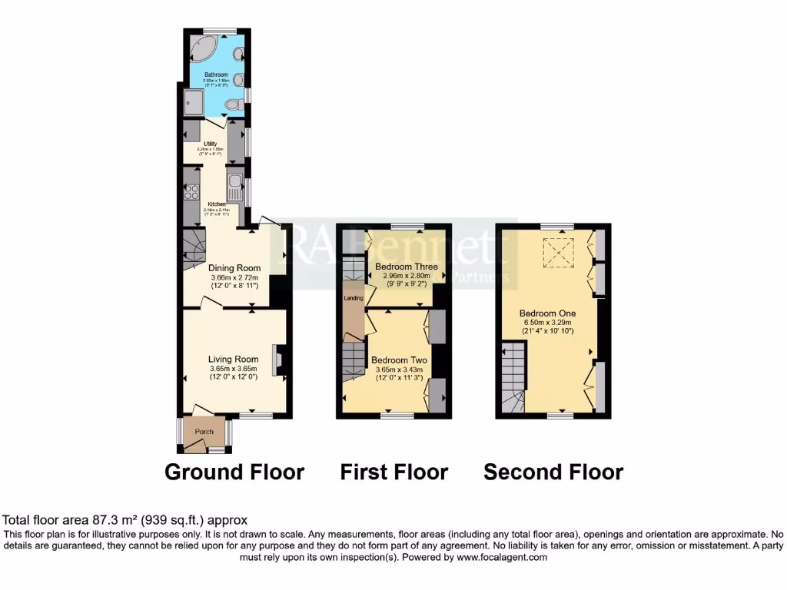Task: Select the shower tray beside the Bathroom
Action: click(x=194, y=101)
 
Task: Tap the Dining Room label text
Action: click(x=234, y=268)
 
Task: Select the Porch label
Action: click(x=204, y=432)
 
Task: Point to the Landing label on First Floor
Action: click(x=353, y=297)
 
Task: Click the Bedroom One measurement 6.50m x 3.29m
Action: click(x=547, y=322)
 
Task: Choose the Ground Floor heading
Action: click(x=234, y=471)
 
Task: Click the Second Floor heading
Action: click(x=553, y=471)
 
